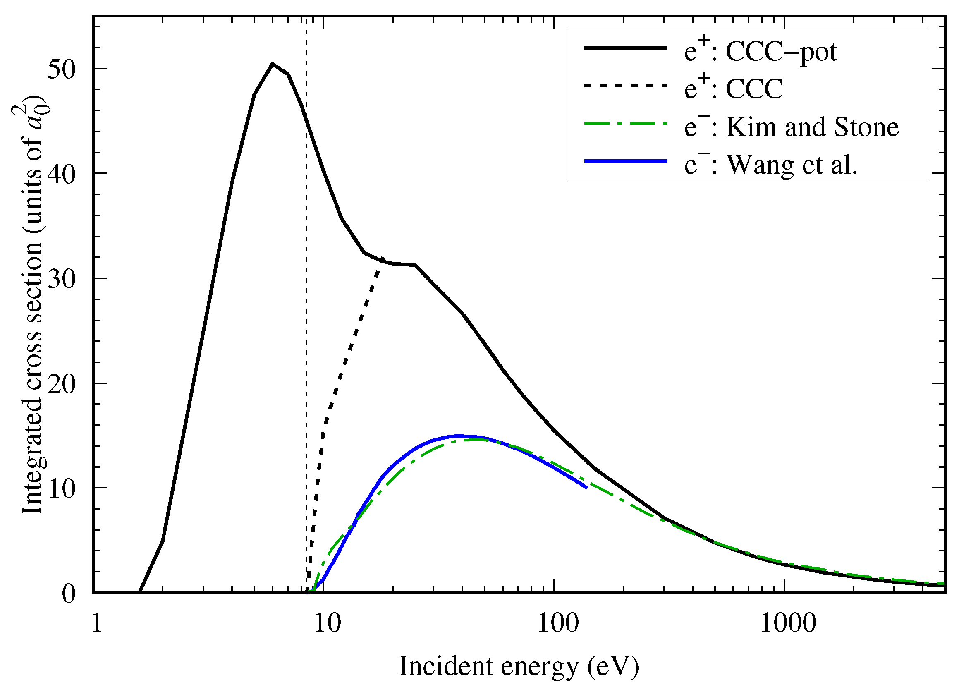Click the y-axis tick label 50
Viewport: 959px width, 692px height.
click(61, 69)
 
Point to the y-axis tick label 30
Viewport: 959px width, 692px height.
click(61, 279)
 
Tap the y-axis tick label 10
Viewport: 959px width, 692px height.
click(61, 488)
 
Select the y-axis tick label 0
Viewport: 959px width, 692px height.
click(69, 594)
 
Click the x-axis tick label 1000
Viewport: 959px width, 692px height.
click(788, 623)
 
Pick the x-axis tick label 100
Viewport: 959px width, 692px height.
click(558, 623)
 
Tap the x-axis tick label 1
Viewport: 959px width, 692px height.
click(97, 623)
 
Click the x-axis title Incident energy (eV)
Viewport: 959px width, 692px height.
click(519, 667)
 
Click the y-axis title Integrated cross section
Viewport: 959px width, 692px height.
click(32, 309)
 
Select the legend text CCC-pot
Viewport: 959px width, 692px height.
click(782, 53)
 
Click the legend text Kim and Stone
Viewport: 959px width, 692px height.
click(812, 127)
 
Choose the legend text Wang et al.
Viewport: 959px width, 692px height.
click(792, 165)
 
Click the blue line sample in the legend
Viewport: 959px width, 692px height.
click(625, 161)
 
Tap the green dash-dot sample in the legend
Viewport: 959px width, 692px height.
click(625, 124)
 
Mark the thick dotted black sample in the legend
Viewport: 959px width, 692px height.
click(625, 86)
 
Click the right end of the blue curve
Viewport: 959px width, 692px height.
click(586, 487)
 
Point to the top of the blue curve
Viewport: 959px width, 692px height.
click(459, 436)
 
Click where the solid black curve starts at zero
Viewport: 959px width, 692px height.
click(140, 592)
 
